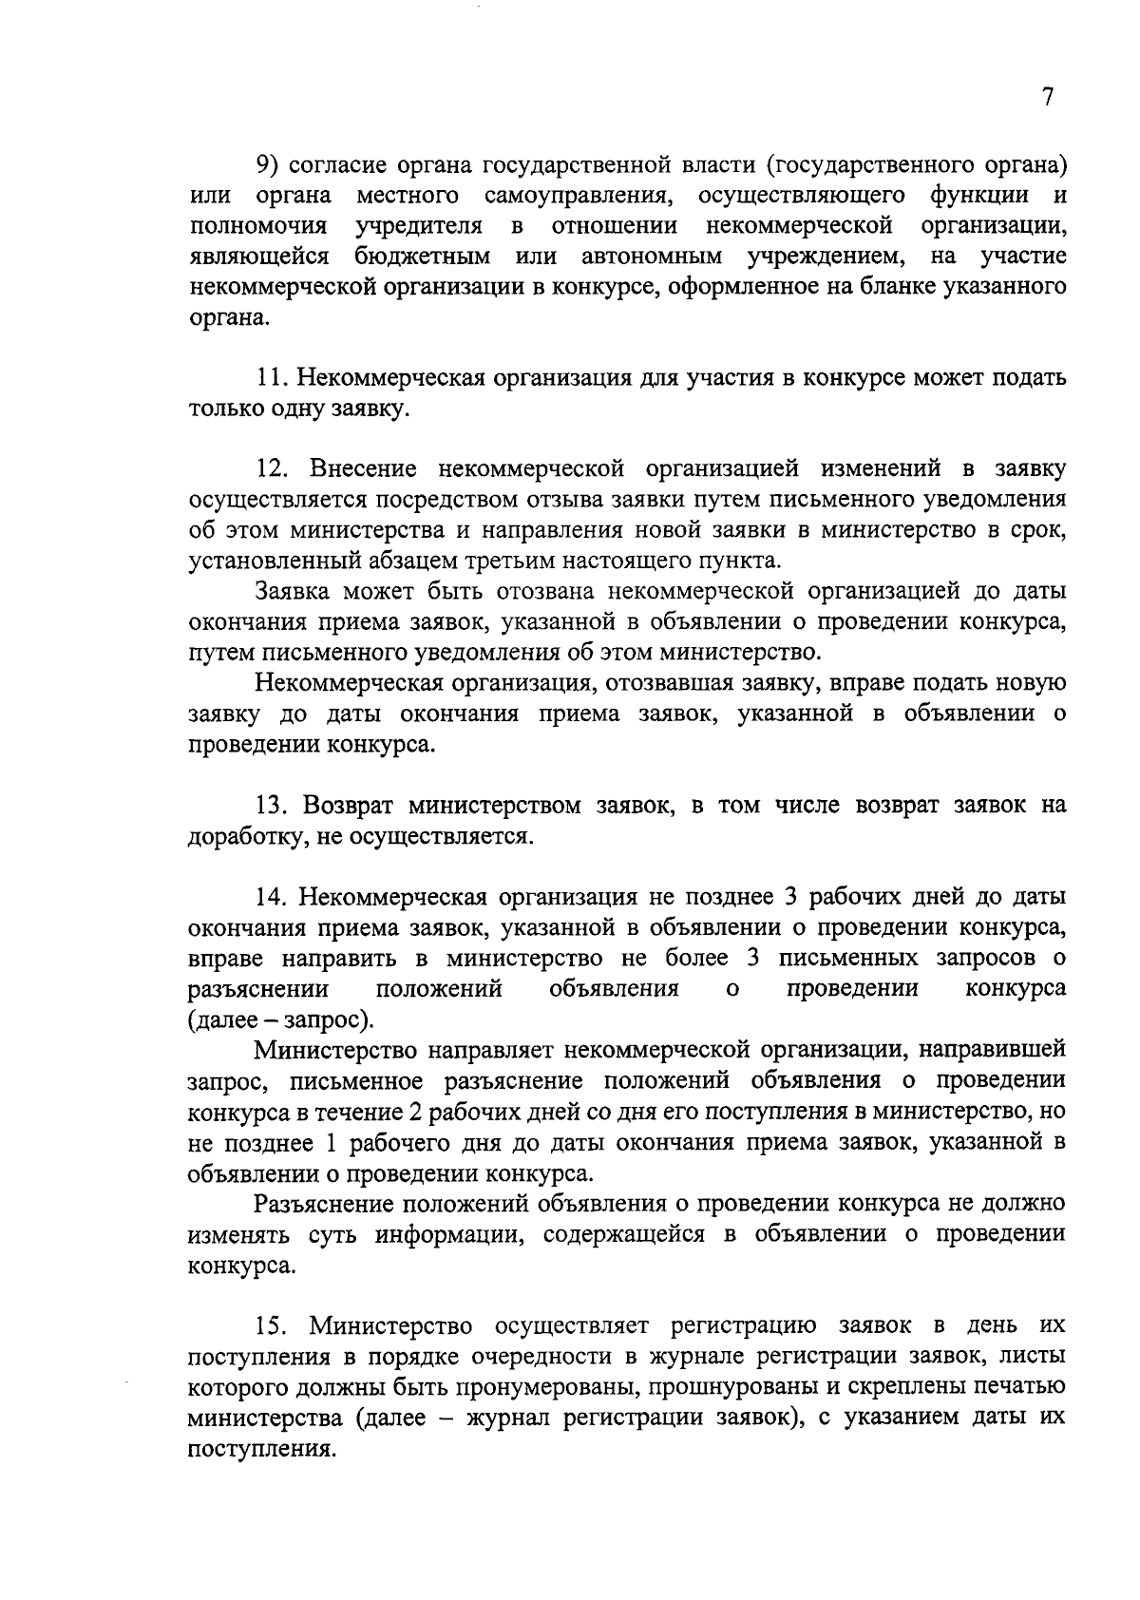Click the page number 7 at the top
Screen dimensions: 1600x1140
(1047, 97)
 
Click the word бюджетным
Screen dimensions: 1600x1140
(424, 257)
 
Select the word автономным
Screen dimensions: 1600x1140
(652, 257)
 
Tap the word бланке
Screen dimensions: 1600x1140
(891, 287)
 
